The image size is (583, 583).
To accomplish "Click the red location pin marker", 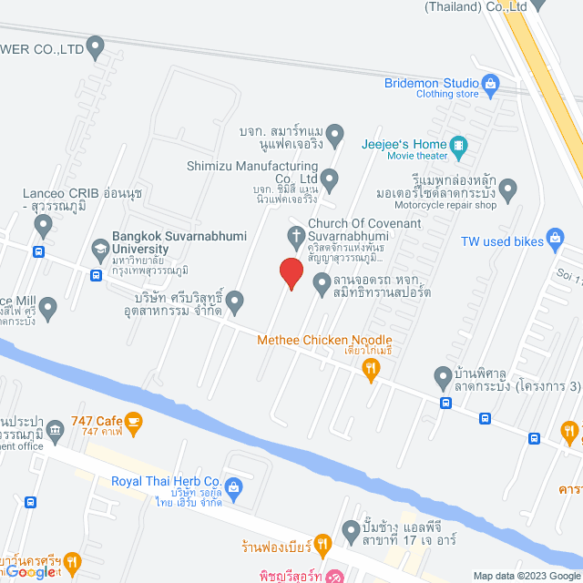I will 291,272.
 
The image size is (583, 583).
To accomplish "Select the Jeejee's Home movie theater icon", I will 460,144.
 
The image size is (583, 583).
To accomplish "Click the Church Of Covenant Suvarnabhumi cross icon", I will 296,238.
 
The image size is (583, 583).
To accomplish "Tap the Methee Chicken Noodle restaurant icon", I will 370,368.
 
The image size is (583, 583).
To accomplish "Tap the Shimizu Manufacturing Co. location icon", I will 330,178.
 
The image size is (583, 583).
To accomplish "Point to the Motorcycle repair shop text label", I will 445,206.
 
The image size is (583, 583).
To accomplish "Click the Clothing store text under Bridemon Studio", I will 447,94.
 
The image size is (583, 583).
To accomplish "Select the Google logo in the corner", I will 27,571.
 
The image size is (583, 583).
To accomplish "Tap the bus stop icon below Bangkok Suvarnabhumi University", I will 96,275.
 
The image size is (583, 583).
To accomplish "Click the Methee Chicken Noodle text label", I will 324,340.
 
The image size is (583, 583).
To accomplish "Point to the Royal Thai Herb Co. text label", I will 167,481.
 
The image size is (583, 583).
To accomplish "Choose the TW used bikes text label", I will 502,240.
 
